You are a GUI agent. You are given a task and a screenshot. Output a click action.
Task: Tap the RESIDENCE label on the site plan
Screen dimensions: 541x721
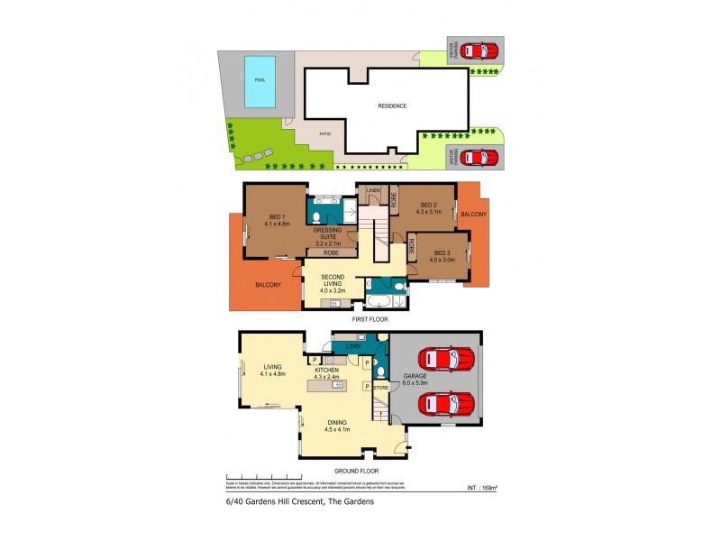click(392, 105)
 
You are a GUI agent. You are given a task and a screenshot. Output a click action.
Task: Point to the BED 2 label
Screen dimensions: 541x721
click(428, 208)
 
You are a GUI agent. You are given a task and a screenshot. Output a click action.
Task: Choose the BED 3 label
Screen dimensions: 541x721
click(442, 255)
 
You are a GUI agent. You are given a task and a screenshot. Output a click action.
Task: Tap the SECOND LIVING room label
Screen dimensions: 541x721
click(333, 282)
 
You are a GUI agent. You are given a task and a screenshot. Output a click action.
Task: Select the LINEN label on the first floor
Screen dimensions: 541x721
click(373, 190)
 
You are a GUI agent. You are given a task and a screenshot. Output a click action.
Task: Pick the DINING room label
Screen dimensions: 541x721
click(338, 425)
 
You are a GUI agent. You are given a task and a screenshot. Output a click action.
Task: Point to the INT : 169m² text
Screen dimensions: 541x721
click(485, 489)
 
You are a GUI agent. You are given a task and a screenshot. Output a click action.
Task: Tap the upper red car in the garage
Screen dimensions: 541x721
click(449, 359)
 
